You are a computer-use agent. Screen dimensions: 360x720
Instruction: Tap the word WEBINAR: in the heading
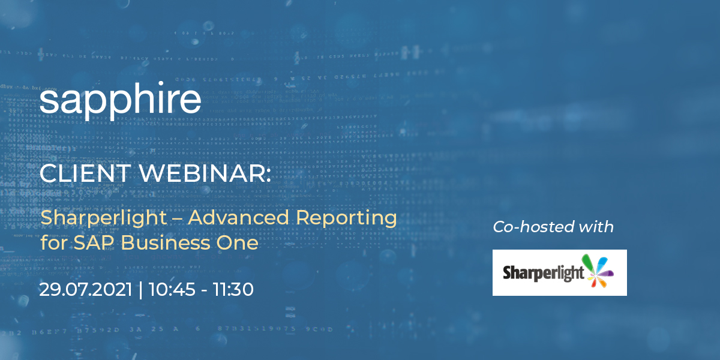[203, 173]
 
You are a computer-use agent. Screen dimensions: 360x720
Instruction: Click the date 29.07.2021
[85, 290]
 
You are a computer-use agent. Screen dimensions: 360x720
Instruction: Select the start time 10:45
[169, 290]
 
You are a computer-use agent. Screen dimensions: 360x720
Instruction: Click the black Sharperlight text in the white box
[543, 274]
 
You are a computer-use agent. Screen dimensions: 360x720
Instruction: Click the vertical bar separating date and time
[140, 290]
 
